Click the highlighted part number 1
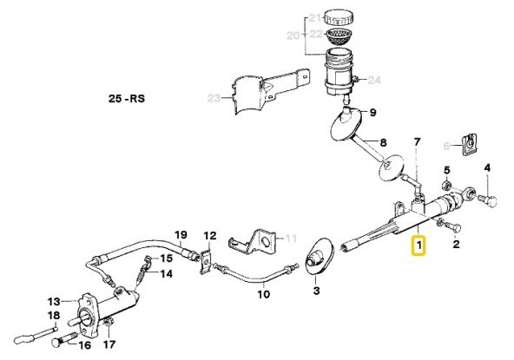(418, 247)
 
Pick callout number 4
(487, 167)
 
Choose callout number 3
(316, 291)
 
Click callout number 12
(209, 236)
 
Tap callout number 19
(181, 235)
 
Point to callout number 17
(109, 344)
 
